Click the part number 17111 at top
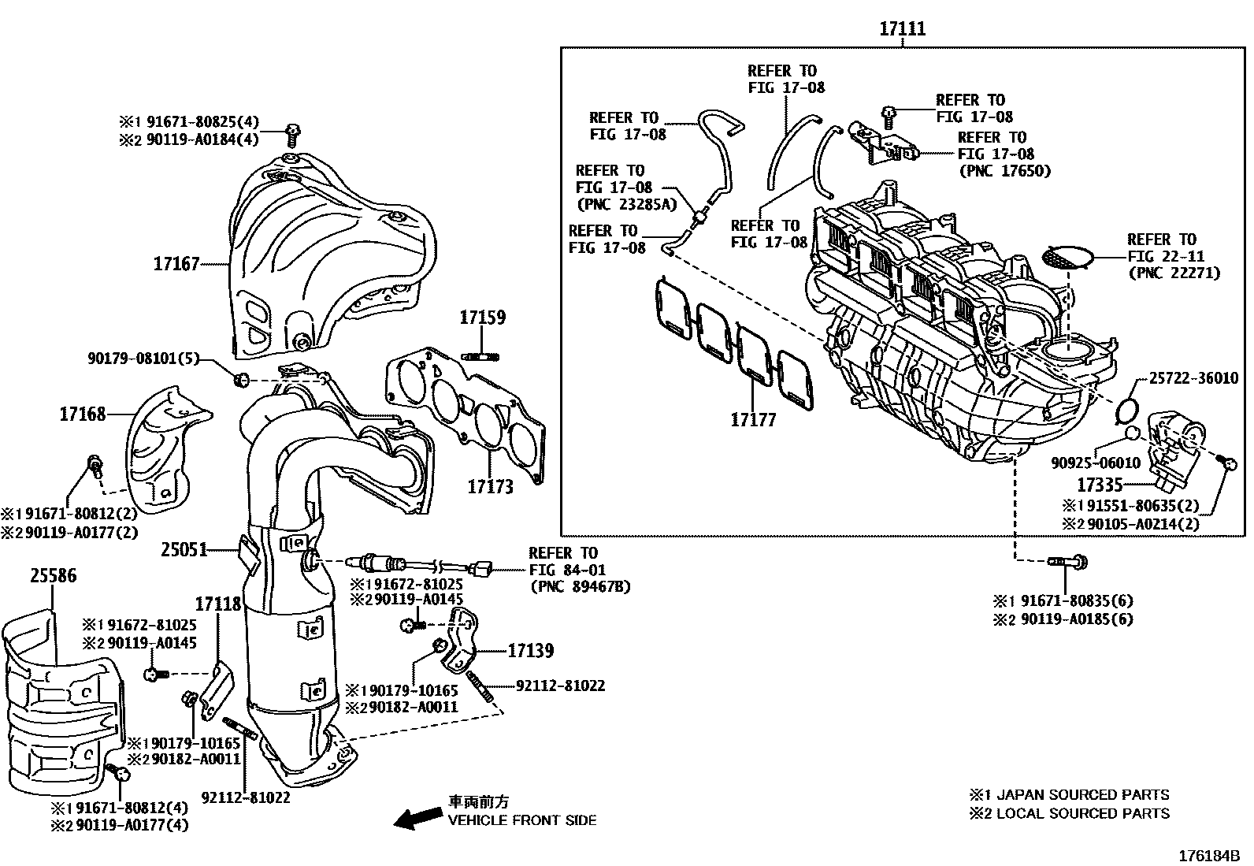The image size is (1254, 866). (903, 29)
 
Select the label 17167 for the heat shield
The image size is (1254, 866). (176, 263)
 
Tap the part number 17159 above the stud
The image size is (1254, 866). (483, 318)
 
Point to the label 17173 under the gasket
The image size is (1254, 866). (490, 487)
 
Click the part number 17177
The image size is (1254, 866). (753, 420)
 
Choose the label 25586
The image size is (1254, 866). (54, 576)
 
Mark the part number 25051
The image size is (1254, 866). (184, 549)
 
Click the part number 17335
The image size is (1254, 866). (1100, 485)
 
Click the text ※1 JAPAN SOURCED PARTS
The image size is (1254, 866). (1069, 795)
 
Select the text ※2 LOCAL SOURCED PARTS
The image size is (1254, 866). (1069, 813)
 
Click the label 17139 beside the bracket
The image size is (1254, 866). (530, 651)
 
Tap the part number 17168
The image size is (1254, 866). (82, 414)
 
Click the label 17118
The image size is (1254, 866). (218, 604)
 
